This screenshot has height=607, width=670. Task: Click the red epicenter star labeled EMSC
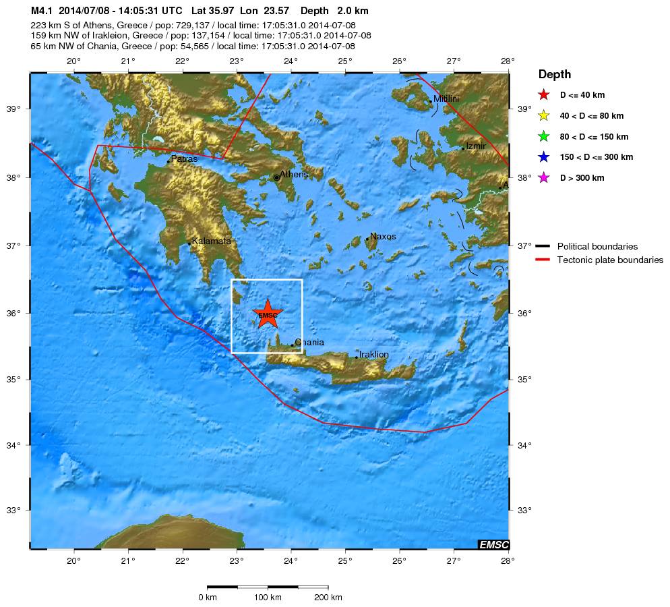coord(268,314)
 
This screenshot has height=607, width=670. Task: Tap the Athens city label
coord(294,175)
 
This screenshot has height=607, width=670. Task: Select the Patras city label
coord(184,159)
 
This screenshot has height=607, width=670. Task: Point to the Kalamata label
coord(212,241)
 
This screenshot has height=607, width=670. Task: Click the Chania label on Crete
coord(309,343)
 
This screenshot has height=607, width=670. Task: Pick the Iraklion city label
coord(373,354)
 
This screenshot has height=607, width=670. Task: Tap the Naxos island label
coord(383,237)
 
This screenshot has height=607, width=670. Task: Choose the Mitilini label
coord(446,98)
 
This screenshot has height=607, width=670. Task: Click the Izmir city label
coord(476,146)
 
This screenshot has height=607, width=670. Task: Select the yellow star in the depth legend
coord(544,116)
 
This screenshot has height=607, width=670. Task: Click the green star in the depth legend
coord(544,137)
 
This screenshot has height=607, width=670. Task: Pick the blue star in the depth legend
coord(544,157)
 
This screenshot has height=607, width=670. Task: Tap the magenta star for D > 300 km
coord(544,178)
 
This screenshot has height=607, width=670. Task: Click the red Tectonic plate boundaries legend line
coord(543,260)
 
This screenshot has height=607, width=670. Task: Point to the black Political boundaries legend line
coord(543,246)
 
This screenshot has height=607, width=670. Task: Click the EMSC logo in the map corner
coord(493,544)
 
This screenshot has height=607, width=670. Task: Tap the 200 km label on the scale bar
coord(328,598)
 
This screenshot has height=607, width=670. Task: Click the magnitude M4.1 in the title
coord(42,11)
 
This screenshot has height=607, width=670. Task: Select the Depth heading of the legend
coord(554,74)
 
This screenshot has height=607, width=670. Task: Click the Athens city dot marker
coord(276,177)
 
